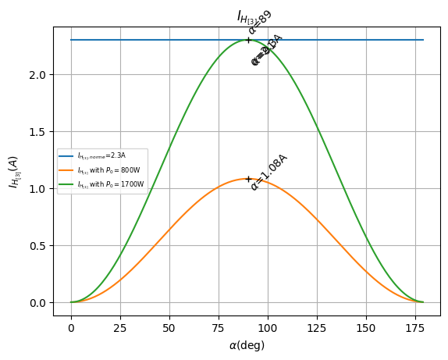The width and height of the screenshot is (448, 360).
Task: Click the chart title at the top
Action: pos(248,16)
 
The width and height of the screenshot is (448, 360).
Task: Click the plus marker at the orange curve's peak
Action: pos(248,179)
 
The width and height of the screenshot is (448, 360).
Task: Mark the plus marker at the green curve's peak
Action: pos(248,40)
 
